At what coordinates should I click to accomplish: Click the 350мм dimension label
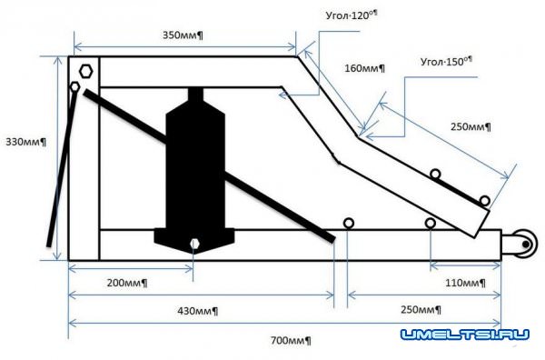tap(183, 35)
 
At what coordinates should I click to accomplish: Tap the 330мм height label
tap(25, 142)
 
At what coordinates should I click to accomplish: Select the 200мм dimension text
tap(127, 283)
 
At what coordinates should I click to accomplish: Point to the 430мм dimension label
tap(198, 311)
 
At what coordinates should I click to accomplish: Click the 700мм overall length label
tap(291, 340)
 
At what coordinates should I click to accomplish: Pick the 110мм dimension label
tap(466, 283)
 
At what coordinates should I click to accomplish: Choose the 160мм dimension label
tap(364, 68)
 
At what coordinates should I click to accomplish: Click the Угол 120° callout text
tap(352, 15)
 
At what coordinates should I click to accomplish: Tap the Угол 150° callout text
tap(447, 62)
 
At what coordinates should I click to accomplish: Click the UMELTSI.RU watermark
tap(465, 335)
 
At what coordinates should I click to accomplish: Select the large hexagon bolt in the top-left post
tap(86, 71)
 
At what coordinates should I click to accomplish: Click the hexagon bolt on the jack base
tap(194, 244)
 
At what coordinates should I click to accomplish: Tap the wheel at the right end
tap(525, 245)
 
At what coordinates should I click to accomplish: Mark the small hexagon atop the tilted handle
tap(74, 86)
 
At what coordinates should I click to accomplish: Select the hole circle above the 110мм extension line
tap(431, 223)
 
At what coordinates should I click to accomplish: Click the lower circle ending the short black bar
tap(485, 201)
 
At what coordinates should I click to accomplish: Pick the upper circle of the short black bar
tap(435, 174)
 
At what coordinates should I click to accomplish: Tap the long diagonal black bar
tap(209, 165)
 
